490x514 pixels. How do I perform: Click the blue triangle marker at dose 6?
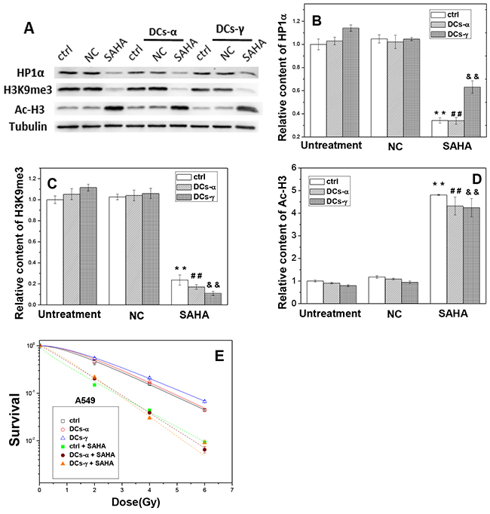coord(205,401)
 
